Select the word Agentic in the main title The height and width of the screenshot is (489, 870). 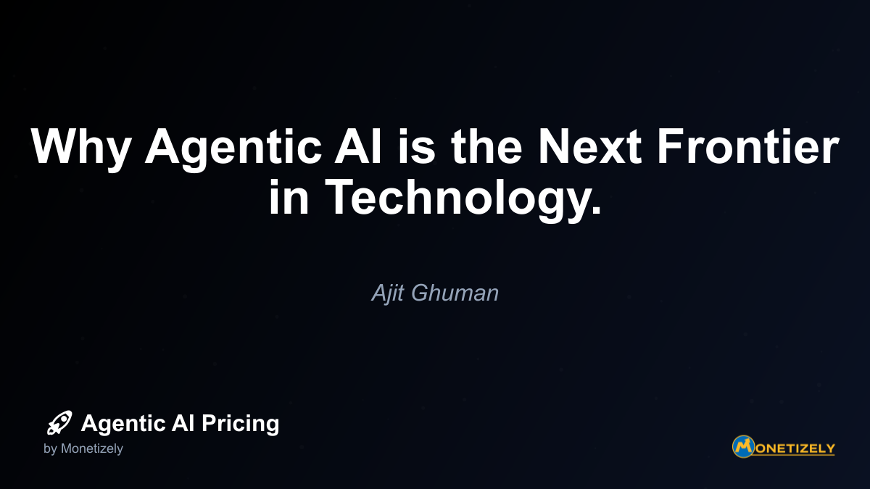click(x=233, y=149)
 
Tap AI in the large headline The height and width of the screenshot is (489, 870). click(x=358, y=146)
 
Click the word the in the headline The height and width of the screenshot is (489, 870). click(x=486, y=146)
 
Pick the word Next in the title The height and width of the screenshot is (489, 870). click(x=589, y=146)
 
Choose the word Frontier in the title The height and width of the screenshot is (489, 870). click(x=747, y=146)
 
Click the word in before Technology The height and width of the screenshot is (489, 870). click(x=289, y=196)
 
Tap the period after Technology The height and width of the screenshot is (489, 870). click(x=595, y=209)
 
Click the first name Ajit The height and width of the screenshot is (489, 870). click(x=388, y=293)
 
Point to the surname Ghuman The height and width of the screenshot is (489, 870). click(x=455, y=293)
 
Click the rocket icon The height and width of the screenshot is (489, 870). click(x=59, y=422)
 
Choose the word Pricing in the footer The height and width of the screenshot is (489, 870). click(x=240, y=424)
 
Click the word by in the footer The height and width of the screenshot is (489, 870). click(x=50, y=449)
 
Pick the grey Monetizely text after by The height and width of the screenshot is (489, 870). click(x=91, y=449)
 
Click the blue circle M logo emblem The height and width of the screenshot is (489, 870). click(x=743, y=446)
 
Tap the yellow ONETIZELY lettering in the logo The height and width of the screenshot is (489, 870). click(x=794, y=448)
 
